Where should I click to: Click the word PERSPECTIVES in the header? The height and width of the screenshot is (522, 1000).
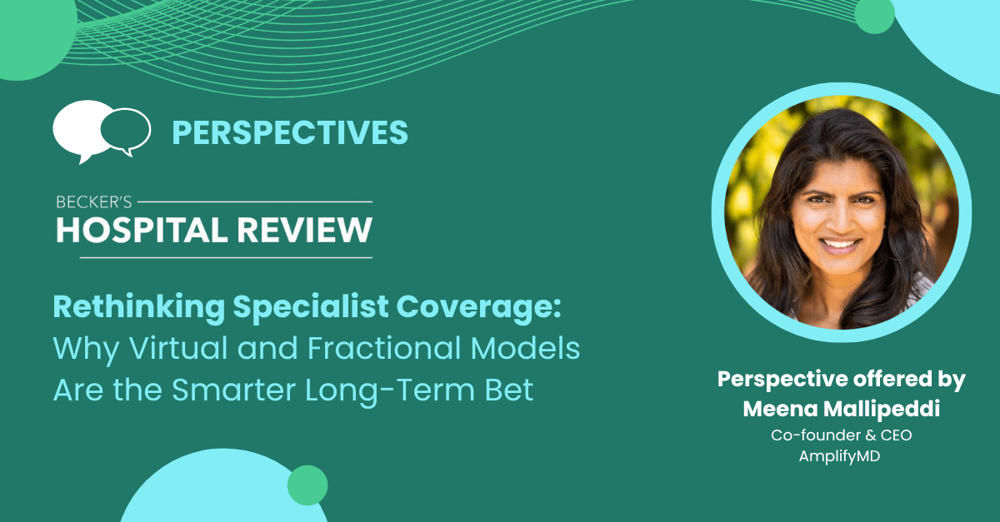pyautogui.click(x=290, y=132)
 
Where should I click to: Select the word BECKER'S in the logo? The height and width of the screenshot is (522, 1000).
pyautogui.click(x=93, y=202)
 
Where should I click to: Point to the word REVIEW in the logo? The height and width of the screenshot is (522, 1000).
pyautogui.click(x=304, y=231)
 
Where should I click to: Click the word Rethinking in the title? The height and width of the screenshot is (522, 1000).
pyautogui.click(x=139, y=308)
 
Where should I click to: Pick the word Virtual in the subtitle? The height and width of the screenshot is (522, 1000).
pyautogui.click(x=178, y=349)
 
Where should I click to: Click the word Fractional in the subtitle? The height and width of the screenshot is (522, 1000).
pyautogui.click(x=384, y=349)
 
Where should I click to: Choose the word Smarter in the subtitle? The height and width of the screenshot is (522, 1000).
pyautogui.click(x=234, y=390)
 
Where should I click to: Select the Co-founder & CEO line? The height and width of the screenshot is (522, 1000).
pyautogui.click(x=841, y=435)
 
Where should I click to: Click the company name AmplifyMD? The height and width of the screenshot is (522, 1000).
pyautogui.click(x=839, y=456)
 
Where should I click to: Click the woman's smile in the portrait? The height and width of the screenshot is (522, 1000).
pyautogui.click(x=839, y=245)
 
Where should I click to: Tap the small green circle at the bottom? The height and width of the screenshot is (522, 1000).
pyautogui.click(x=307, y=485)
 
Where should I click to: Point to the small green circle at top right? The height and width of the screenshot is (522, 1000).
pyautogui.click(x=874, y=15)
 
